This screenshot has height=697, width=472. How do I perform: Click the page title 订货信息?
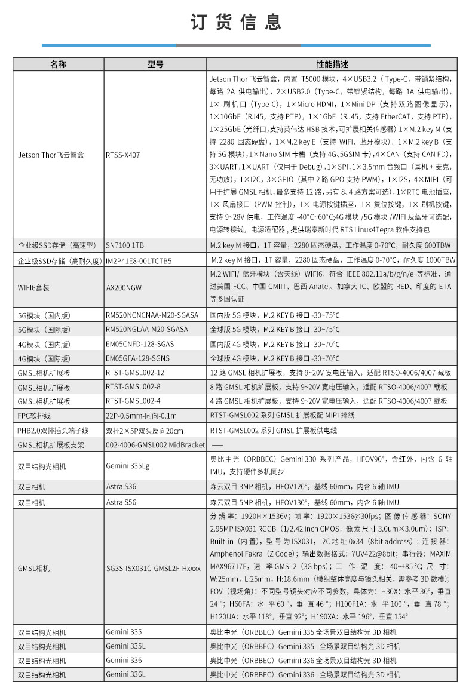coord(236,22)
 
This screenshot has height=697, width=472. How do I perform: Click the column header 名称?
coord(58,65)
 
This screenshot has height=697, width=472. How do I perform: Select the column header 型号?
coord(155,65)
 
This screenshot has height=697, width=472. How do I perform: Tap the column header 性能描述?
coord(332,65)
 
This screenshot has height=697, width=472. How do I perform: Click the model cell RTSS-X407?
coord(123,155)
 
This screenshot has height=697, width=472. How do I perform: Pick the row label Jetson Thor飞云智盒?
coord(51,155)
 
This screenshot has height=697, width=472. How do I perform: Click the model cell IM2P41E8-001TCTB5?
coord(139,261)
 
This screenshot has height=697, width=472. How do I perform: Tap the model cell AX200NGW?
coord(124,287)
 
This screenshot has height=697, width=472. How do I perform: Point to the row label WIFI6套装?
coord(33,287)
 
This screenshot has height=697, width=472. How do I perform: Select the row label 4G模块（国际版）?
coord(44,358)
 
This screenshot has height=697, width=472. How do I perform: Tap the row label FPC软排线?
coord(35,416)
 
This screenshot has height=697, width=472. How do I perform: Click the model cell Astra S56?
coord(121,502)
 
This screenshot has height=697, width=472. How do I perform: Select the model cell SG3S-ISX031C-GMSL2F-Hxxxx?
coord(154,568)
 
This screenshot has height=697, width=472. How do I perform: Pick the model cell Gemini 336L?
coord(125,674)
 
